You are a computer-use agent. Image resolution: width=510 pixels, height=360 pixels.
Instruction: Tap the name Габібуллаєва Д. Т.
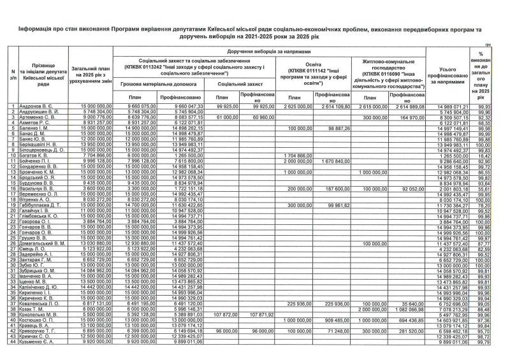[x=40, y=205]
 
